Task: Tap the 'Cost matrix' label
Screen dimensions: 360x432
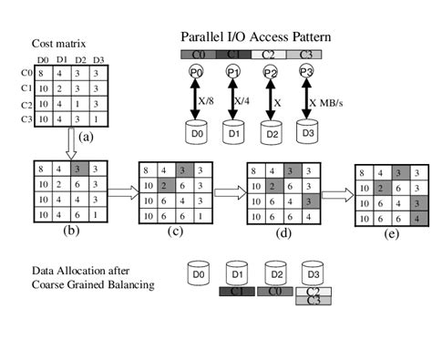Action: tap(57, 44)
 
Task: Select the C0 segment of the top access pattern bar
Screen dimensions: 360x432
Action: tap(195, 55)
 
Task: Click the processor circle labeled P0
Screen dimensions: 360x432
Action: tap(194, 72)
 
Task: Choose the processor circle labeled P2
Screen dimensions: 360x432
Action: tap(271, 72)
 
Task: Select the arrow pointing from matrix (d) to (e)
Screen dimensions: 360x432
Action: tap(336, 193)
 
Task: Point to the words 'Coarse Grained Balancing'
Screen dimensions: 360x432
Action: tap(81, 284)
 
